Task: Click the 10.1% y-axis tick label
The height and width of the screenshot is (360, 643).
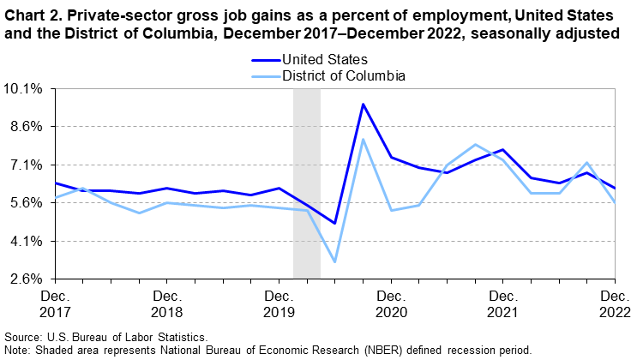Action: [x=25, y=88]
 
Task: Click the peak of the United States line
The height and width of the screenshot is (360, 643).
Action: [x=363, y=105]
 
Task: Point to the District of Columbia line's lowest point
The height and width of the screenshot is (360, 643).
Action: [x=334, y=261]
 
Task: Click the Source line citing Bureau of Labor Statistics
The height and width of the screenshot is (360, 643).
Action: [x=105, y=338]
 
